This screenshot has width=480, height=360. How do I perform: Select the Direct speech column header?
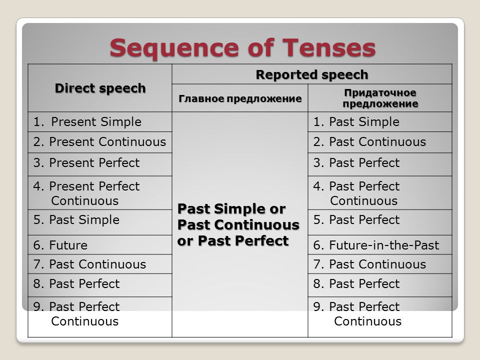[x=100, y=88]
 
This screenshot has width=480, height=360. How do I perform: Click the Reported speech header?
[x=312, y=74]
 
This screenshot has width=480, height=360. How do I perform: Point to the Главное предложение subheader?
[x=240, y=98]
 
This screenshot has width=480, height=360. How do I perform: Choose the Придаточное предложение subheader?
[x=380, y=98]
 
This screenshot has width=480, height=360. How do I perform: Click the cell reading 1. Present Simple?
[x=88, y=122]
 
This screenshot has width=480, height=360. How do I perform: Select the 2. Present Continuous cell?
[x=100, y=142]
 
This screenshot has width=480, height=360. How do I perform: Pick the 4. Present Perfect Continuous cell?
[x=87, y=193]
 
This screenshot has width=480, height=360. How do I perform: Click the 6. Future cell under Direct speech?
[x=61, y=245]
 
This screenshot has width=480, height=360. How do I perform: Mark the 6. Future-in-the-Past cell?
[x=376, y=245]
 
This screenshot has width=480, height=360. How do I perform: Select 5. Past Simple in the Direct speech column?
[x=77, y=220]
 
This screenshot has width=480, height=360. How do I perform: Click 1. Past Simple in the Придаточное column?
[x=356, y=122]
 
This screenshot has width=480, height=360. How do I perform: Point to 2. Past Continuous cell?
[x=369, y=142]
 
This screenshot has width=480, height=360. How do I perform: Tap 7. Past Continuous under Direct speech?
[x=90, y=264]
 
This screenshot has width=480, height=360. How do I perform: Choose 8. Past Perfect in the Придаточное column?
[x=356, y=284]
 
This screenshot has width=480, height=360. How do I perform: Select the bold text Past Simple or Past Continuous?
[x=238, y=216]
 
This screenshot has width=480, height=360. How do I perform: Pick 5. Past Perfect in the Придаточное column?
[x=356, y=220]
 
